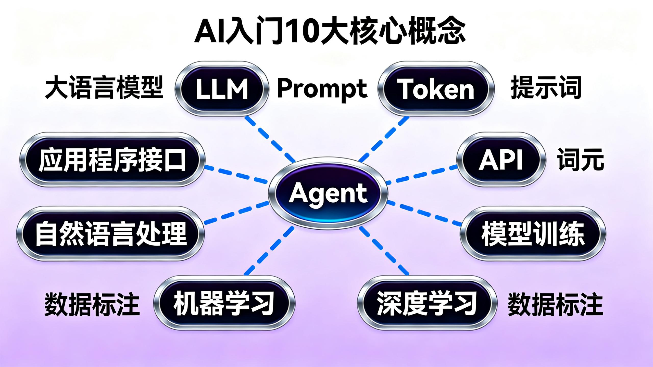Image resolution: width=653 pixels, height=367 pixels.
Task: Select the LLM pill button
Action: pos(222,89)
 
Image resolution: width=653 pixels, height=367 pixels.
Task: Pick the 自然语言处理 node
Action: pos(110,233)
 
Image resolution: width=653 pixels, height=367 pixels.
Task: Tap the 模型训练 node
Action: pos(533,233)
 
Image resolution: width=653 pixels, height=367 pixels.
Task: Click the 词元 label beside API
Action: pos(580,160)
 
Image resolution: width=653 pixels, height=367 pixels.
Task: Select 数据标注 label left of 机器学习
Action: pos(92,304)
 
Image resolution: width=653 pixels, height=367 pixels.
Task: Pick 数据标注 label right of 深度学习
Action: pos(555,304)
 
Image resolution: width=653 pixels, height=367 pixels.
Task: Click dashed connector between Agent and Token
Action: pos(384,139)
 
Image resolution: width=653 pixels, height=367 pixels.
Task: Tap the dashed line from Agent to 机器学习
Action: pos(269,251)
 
